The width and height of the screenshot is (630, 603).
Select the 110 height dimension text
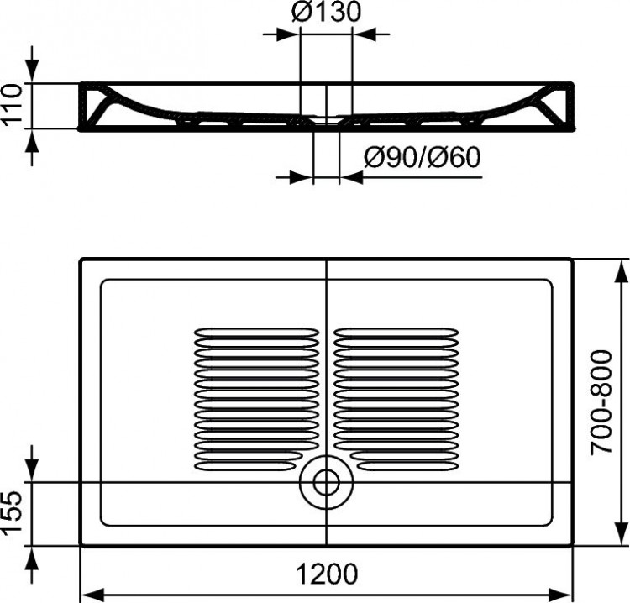coord(12,106)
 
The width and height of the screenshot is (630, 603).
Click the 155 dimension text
coord(12,515)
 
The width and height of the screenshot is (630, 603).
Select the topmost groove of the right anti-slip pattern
coord(396,332)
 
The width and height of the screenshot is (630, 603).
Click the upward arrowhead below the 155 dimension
coord(33,556)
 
